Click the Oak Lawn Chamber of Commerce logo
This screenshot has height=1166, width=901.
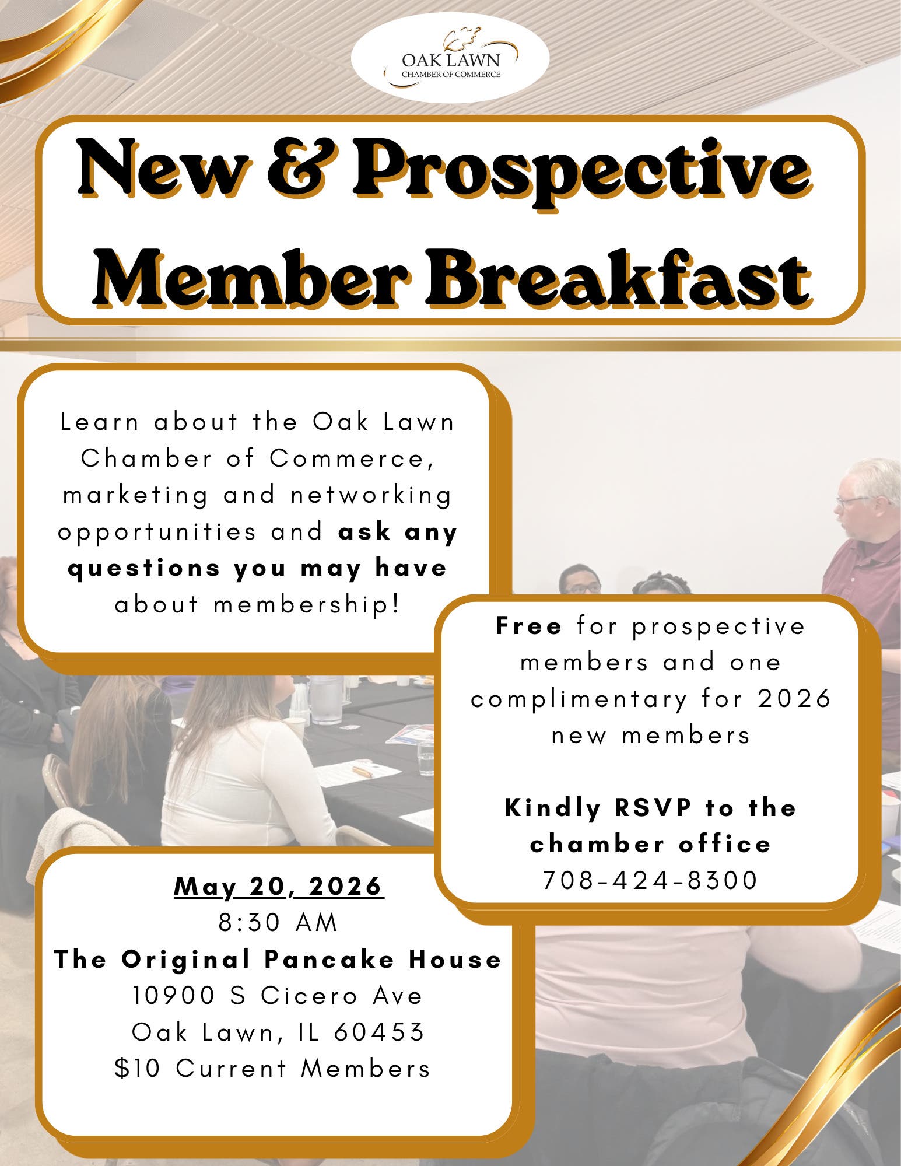pyautogui.click(x=450, y=58)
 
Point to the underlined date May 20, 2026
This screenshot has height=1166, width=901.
pyautogui.click(x=279, y=887)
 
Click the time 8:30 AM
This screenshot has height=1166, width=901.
pyautogui.click(x=279, y=923)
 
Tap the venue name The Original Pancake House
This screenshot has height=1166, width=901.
pyautogui.click(x=278, y=960)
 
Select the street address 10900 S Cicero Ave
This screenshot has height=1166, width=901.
pyautogui.click(x=278, y=996)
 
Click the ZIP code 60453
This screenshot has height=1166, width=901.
pyautogui.click(x=379, y=1032)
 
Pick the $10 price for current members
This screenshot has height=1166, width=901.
pyautogui.click(x=137, y=1069)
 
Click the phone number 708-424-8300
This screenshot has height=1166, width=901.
pyautogui.click(x=650, y=880)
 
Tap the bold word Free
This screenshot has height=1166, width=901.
pyautogui.click(x=528, y=626)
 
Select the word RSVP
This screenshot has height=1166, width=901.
pyautogui.click(x=653, y=808)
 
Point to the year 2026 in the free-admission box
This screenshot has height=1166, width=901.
pyautogui.click(x=794, y=699)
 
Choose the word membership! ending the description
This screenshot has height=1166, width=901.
pyautogui.click(x=307, y=605)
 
